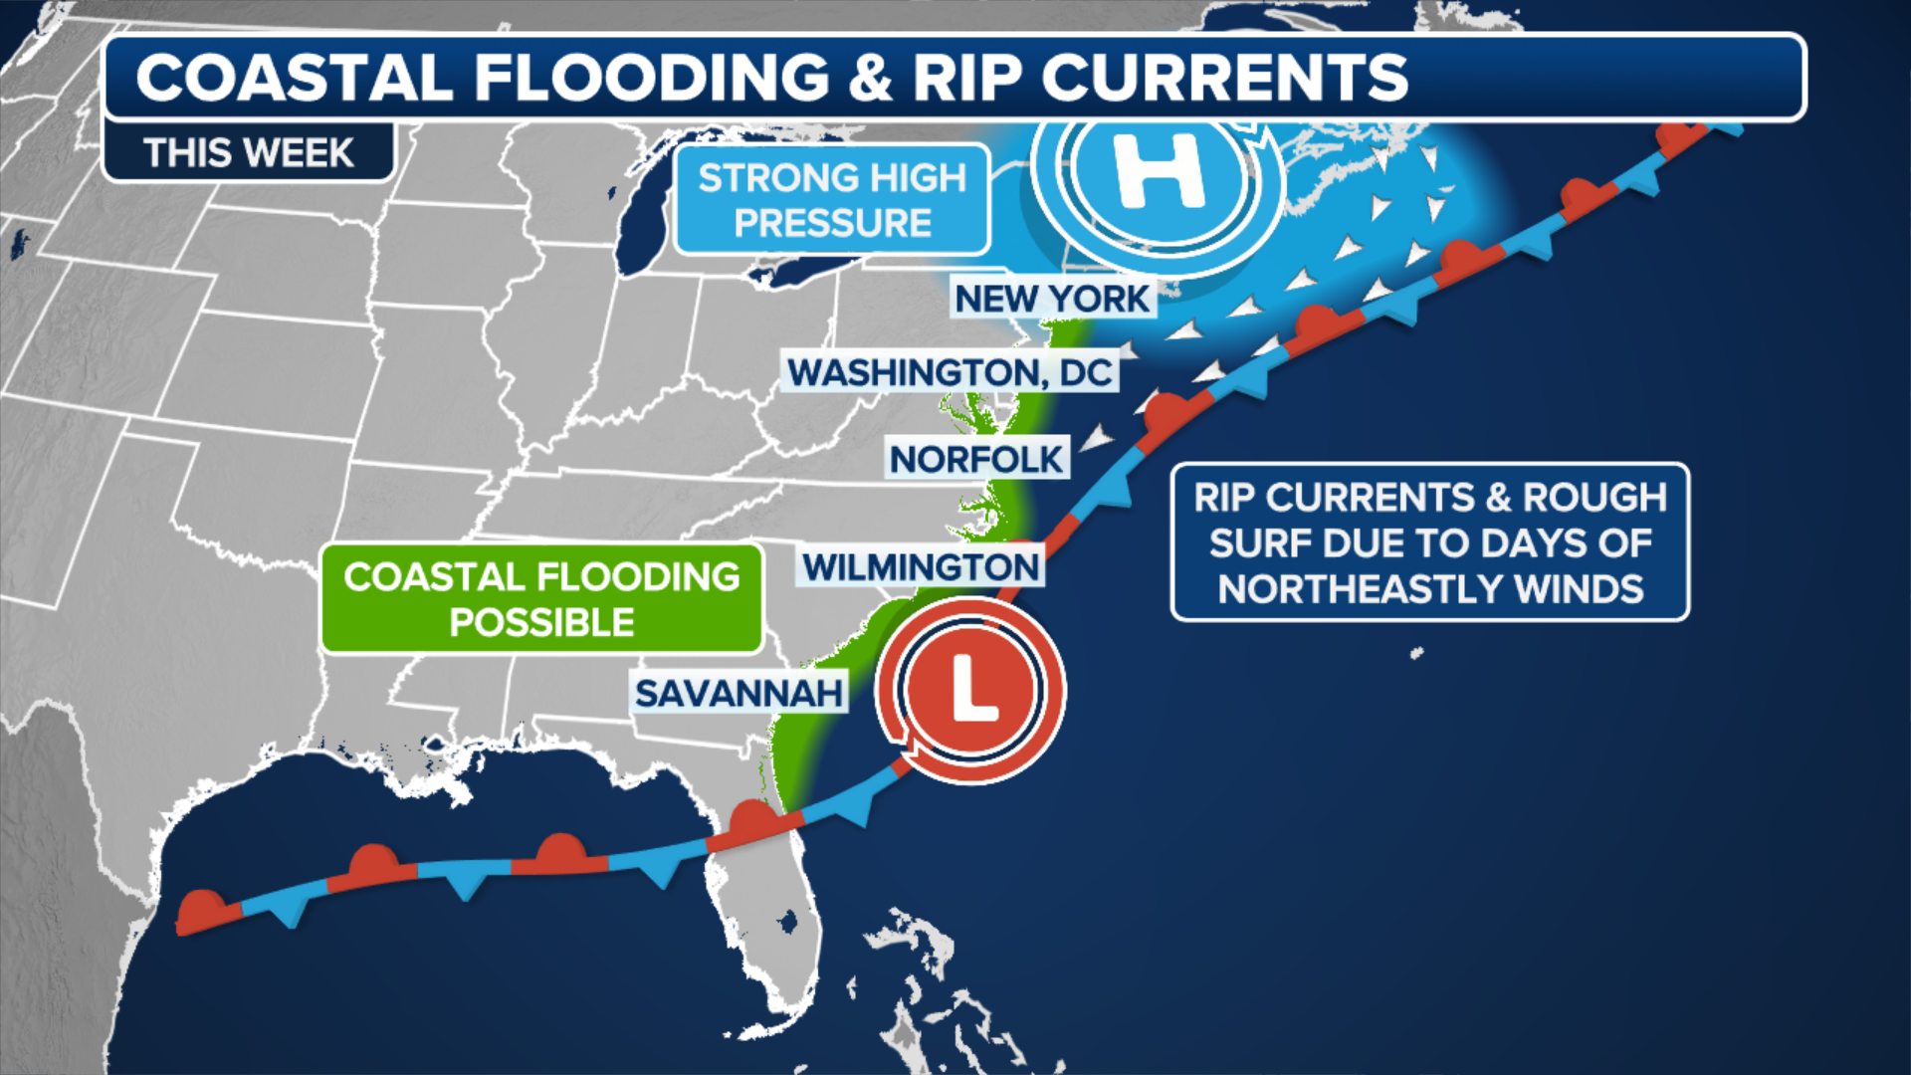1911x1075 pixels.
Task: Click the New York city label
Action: coord(1052,299)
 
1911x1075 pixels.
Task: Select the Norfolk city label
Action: coord(976,459)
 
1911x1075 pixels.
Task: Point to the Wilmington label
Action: coord(921,567)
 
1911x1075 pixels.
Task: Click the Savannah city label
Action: coord(739,693)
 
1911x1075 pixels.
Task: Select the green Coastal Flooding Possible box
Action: coord(541,599)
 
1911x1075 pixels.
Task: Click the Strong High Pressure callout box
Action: coord(832,200)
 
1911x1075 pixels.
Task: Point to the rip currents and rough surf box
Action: coord(1429,542)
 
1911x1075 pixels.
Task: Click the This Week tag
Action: coord(248,153)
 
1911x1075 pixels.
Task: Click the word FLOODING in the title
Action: coord(652,78)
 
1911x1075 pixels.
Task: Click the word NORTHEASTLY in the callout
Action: coord(1365,589)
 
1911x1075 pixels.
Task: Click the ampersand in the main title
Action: coord(871,78)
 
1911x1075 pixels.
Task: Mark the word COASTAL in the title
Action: coord(295,78)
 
